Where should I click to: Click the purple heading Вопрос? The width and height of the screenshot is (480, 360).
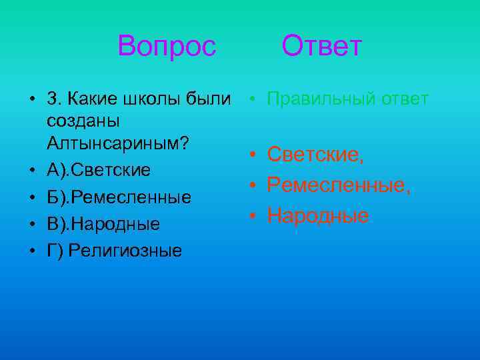point(167,47)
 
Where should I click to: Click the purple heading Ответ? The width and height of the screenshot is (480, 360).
point(321,47)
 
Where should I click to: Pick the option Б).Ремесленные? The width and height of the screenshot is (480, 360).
point(119,197)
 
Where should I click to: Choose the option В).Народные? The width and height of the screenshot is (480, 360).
point(103,224)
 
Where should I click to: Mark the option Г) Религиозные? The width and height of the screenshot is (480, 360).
point(115,251)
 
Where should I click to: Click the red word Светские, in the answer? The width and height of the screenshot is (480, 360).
point(316,155)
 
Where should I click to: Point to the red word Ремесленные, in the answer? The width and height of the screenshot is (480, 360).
point(339,185)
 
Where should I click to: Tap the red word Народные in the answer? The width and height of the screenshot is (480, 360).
point(318,215)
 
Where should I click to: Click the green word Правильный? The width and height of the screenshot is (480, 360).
point(322,99)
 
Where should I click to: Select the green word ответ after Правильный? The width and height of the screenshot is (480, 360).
point(405,99)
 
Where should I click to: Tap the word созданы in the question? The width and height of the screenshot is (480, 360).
point(83,122)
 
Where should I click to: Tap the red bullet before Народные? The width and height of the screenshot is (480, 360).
point(253,216)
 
